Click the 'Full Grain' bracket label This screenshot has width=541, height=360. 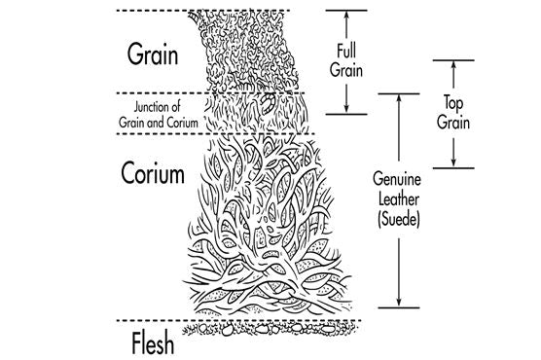[x=345, y=61]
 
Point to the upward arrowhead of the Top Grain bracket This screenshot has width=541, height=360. [x=453, y=66]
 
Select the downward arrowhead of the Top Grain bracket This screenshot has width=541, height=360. [x=453, y=162]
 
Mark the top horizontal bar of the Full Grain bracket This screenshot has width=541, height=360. [x=344, y=11]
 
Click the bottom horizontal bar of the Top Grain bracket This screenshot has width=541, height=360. [x=453, y=167]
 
